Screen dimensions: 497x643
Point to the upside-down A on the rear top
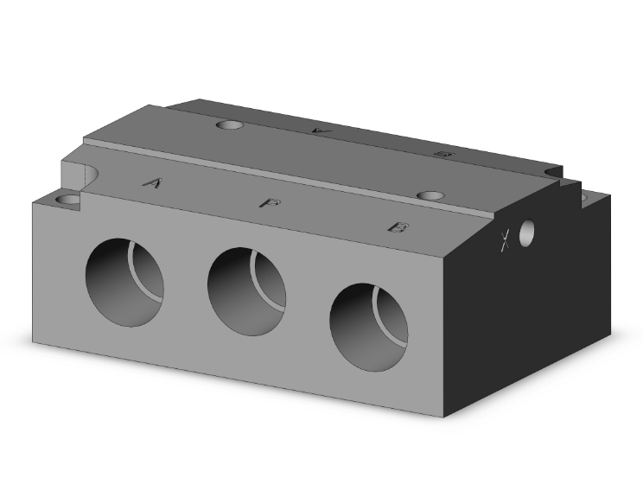tap(320, 130)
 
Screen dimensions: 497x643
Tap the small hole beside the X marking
tap(526, 231)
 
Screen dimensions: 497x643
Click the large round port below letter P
tap(246, 293)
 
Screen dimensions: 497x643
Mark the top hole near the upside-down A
tap(231, 125)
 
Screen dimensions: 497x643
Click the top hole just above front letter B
tap(430, 195)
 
